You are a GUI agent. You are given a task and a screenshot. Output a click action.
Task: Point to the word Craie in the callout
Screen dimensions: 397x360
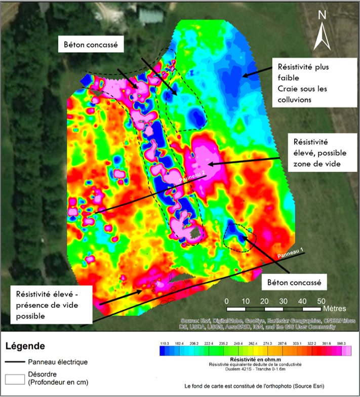[x=288, y=89]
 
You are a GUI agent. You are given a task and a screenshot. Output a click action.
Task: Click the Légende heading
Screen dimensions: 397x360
[x=25, y=346]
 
